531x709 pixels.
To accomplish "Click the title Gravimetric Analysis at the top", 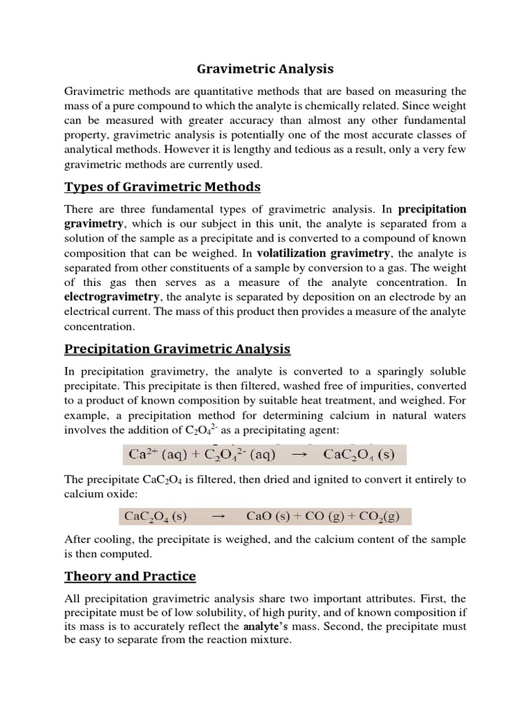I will [265, 69].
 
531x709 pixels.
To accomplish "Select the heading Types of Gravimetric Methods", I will [162, 186].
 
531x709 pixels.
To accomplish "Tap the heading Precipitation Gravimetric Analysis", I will [177, 348].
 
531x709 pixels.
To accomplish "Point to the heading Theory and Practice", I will [130, 576].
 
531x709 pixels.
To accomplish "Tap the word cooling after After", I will [112, 539].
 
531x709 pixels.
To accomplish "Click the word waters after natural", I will [447, 415].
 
